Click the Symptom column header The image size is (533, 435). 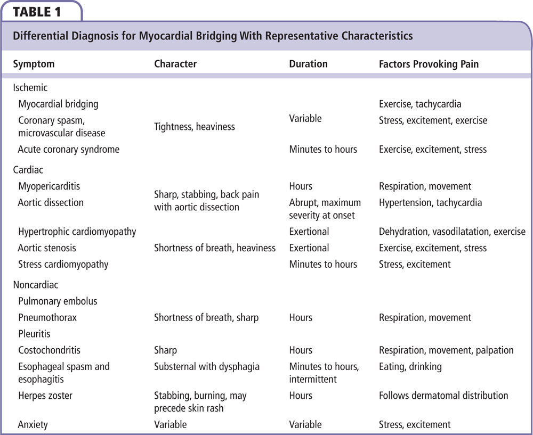[x=34, y=64]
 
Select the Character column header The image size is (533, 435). [x=175, y=64]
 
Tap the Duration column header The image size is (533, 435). [x=308, y=64]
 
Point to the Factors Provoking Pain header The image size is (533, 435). [x=429, y=64]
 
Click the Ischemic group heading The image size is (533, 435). [x=30, y=88]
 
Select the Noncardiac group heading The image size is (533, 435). [x=36, y=285]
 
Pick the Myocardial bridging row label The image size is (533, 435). [x=58, y=104]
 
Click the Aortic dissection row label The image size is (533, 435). [x=51, y=203]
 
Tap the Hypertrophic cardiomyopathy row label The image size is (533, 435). [x=77, y=232]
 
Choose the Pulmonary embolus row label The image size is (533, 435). [x=58, y=301]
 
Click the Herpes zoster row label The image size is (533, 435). [x=45, y=396]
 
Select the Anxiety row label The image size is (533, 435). [x=33, y=425]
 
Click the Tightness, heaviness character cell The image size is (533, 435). [x=195, y=127]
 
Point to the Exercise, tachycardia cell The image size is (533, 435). [x=420, y=104]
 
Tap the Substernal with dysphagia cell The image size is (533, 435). [x=206, y=366]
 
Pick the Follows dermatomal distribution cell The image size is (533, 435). [x=443, y=396]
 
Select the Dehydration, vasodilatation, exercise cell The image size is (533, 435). [x=452, y=232]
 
